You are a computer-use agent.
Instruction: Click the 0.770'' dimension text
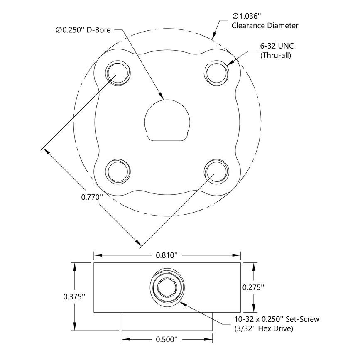[x=91, y=197]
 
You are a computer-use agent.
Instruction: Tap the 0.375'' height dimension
[x=74, y=296]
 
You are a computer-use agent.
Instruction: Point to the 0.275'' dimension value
[x=254, y=287]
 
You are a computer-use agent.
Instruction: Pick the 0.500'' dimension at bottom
[x=167, y=339]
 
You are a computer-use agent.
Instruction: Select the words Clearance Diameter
[x=265, y=26]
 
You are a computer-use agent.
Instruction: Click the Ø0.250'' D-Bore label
[x=83, y=30]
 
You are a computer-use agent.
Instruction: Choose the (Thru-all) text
[x=275, y=55]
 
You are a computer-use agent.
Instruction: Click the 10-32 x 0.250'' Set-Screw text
[x=277, y=320]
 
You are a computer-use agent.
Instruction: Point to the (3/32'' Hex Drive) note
[x=264, y=329]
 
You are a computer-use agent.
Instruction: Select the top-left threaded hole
[x=118, y=73]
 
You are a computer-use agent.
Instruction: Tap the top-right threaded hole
[x=217, y=73]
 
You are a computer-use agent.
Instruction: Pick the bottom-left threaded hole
[x=118, y=171]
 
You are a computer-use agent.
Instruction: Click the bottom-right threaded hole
[x=217, y=171]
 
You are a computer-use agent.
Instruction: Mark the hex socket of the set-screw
[x=167, y=287]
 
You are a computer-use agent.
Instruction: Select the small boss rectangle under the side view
[x=167, y=321]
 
